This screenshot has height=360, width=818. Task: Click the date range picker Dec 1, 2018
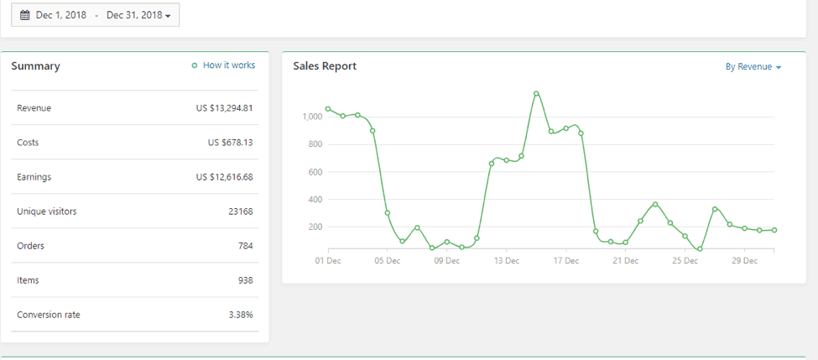pos(95,15)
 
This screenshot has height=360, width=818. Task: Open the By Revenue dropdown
pos(753,67)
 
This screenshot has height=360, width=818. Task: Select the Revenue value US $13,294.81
pos(224,108)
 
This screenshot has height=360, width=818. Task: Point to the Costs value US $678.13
pos(230,143)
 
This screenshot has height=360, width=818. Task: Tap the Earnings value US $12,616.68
pos(224,177)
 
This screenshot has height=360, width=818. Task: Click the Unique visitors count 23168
pos(240,211)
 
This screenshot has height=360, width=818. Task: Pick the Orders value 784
pos(245,246)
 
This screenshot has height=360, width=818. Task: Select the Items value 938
pos(245,280)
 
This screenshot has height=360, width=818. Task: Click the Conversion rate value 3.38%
pos(240,315)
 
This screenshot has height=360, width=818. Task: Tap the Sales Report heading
pos(325,66)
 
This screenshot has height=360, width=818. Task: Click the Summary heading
pos(35,66)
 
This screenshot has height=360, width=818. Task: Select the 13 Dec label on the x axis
pos(507,261)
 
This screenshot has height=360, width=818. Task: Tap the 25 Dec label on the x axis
pos(685,261)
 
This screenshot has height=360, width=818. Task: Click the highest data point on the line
pos(536,93)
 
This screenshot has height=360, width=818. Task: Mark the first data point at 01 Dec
pos(328,108)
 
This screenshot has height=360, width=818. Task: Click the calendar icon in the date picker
pos(24,15)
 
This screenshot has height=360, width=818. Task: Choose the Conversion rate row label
pos(49,315)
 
